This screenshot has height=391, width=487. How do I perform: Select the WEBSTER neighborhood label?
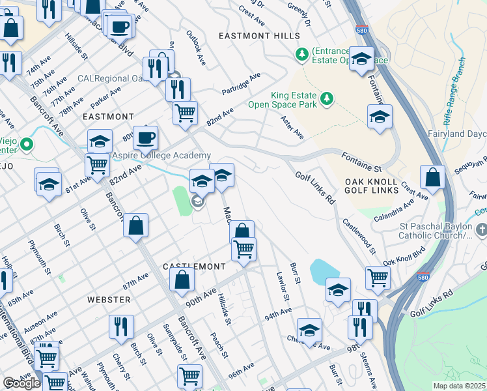click(x=109, y=299)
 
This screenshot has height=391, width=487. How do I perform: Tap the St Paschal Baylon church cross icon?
click(x=481, y=229)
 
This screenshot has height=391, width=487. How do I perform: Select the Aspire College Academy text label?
click(x=161, y=155)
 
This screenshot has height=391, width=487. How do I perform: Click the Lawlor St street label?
click(x=283, y=286)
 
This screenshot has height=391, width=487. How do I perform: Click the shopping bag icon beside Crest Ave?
click(x=432, y=177)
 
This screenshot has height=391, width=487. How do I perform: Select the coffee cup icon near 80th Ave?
click(x=146, y=138)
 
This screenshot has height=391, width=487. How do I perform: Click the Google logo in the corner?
click(x=21, y=383)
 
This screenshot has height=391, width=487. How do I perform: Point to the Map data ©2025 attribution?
click(x=459, y=386)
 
